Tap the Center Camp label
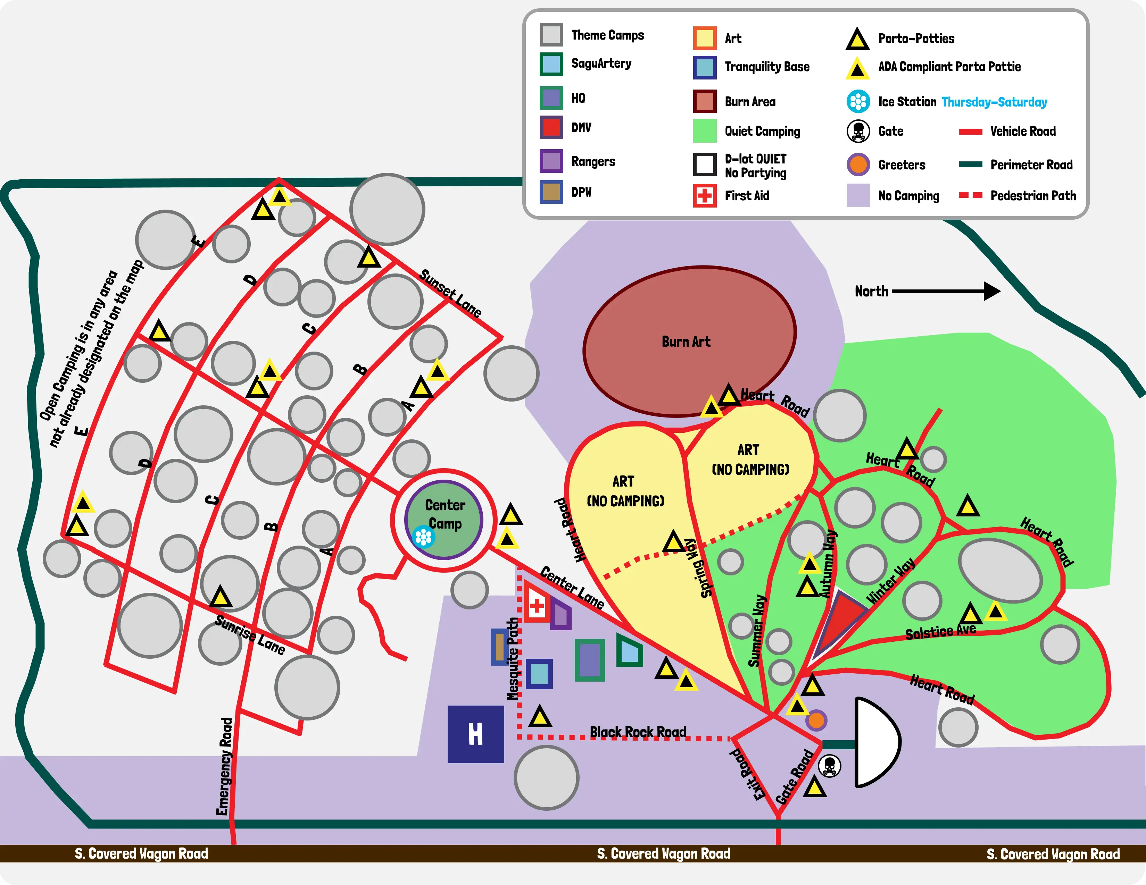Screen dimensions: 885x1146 click(445, 514)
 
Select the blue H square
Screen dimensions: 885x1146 click(475, 734)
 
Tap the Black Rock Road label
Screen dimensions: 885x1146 click(638, 732)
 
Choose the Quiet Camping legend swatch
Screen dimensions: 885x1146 click(705, 131)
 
